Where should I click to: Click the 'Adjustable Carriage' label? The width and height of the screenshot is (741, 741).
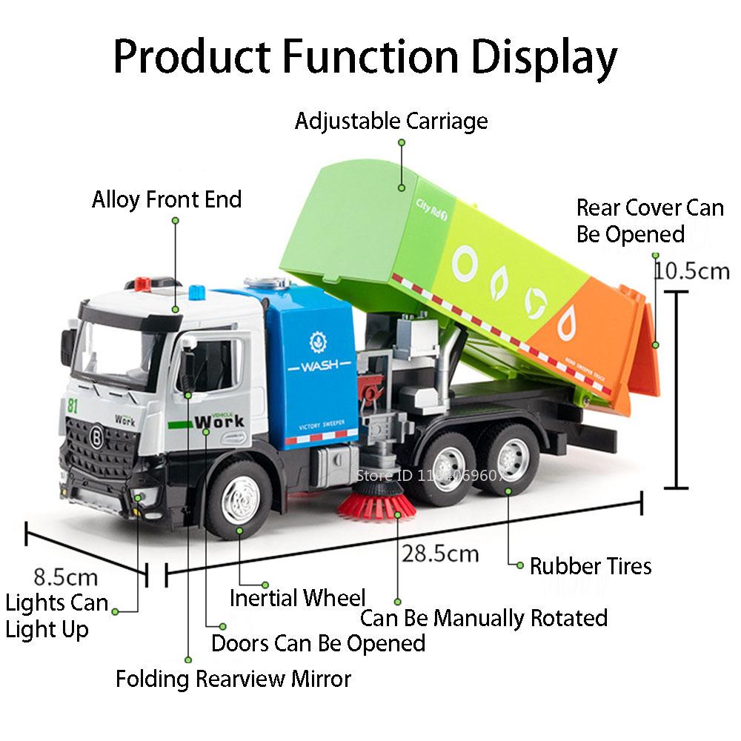[391, 121]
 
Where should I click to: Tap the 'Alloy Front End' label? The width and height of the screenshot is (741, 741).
[167, 199]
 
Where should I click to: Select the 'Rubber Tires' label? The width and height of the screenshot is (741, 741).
[590, 566]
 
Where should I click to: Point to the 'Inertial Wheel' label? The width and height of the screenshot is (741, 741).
[297, 597]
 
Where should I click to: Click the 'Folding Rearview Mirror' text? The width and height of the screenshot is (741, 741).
[233, 678]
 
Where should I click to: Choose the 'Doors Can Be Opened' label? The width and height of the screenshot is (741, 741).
[318, 642]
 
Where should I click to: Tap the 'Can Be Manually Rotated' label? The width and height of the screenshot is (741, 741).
[483, 617]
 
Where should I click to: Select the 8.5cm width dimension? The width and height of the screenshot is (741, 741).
[65, 576]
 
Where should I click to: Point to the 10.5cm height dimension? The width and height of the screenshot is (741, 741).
[691, 270]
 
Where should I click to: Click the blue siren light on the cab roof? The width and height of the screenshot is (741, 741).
[197, 291]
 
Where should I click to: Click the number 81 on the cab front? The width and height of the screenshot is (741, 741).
[72, 405]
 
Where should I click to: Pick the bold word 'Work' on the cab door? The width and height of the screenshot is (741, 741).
[219, 422]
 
